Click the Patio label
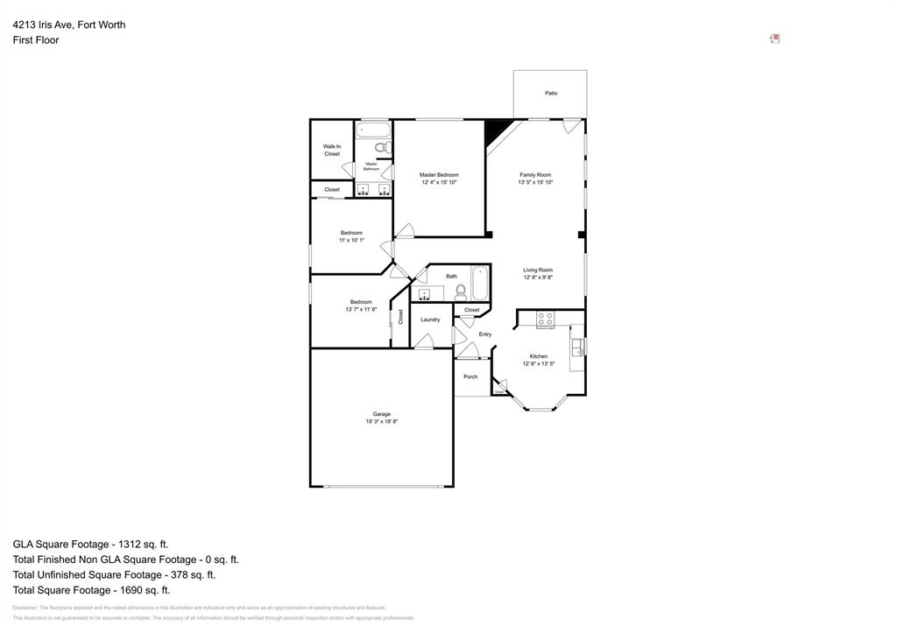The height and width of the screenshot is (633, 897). coord(551,93)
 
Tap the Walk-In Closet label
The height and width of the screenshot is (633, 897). coord(332,150)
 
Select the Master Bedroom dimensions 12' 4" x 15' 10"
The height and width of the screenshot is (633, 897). coord(439,182)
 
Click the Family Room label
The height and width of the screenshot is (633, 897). coord(534,175)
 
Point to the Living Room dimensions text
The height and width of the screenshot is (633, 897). coord(538,278)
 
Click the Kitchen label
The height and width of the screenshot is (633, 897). coord(539,356)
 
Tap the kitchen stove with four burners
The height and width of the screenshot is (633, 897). coord(545,320)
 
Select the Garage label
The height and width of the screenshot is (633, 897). coord(382,414)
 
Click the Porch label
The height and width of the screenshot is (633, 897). coord(470,376)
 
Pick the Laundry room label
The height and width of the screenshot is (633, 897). coord(430,320)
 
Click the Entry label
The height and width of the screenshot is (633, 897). coord(485,334)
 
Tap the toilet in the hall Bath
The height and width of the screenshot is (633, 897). coord(461,291)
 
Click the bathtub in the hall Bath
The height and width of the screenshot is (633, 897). coord(480,283)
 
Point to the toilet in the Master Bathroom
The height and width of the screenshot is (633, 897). coord(382,147)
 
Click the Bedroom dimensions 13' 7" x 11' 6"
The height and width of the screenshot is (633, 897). coord(361,309)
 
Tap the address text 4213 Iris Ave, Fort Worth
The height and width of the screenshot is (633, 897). coord(69,25)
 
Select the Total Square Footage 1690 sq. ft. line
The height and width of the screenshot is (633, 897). coord(91,590)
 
